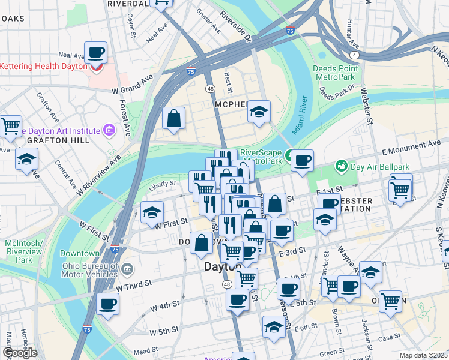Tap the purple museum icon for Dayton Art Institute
tap(109, 130)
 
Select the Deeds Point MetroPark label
tap(336, 73)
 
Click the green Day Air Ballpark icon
tap(341, 165)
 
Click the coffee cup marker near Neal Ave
tap(95, 53)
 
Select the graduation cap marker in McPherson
tap(259, 111)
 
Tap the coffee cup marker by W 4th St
tap(107, 304)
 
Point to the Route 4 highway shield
tap(355, 55)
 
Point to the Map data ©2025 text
tap(423, 355)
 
